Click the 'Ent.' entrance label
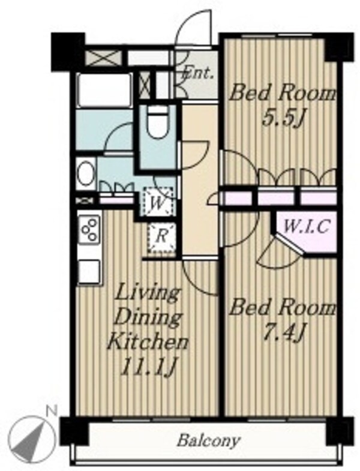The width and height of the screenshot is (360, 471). tap(198, 73)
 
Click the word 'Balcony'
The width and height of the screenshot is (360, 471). tap(208, 441)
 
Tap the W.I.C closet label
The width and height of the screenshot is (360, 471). tap(306, 227)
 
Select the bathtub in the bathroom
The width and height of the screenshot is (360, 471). tap(104, 89)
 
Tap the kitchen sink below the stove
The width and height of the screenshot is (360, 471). tap(89, 271)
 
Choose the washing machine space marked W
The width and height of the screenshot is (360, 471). tap(158, 200)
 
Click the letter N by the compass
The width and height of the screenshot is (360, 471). tap(52, 411)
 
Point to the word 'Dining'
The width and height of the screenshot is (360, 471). tap(148, 319)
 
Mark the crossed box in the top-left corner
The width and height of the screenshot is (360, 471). tap(103, 58)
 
